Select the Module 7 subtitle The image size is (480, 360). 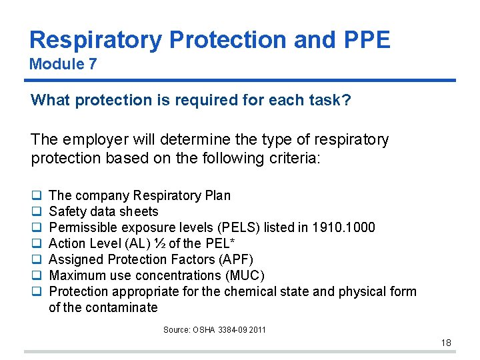[63, 65]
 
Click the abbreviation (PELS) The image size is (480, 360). [238, 227]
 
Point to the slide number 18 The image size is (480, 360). [446, 343]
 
